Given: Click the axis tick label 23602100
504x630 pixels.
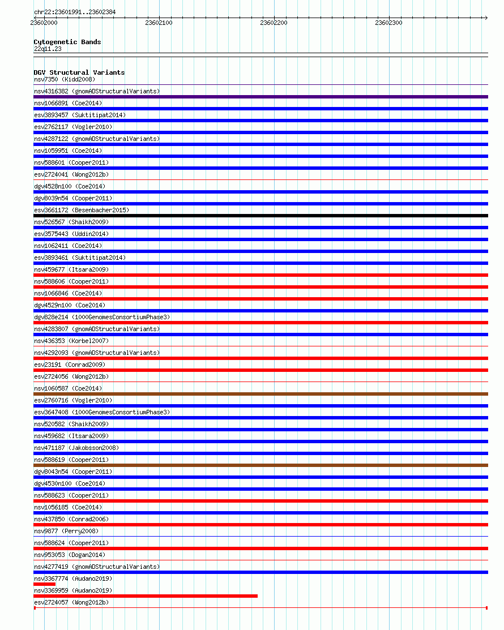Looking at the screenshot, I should (x=159, y=23).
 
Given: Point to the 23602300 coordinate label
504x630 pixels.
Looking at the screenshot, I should (x=388, y=23).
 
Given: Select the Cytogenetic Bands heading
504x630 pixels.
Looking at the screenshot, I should (x=67, y=42).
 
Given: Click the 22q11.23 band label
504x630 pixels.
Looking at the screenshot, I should (x=48, y=49).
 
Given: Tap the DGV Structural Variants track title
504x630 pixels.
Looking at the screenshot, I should (x=79, y=72).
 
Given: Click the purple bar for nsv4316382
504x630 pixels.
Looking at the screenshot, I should (x=260, y=97).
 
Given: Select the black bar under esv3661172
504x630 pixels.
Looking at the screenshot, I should (x=260, y=216).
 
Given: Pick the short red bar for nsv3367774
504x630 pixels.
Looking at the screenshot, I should (x=44, y=584).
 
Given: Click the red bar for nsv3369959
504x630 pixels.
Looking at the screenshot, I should (x=146, y=596).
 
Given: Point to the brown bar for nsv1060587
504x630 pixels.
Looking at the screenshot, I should (x=260, y=394).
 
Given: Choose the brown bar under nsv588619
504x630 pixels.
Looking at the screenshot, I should (x=260, y=465).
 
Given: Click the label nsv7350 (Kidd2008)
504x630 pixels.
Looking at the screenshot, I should (x=65, y=79).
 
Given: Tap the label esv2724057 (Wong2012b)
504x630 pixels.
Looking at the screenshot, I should (x=71, y=602).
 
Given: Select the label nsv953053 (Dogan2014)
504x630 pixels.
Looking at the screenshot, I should (x=70, y=555).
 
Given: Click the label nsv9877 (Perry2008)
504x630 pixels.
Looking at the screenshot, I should (x=66, y=531).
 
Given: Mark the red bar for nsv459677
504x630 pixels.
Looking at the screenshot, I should (x=260, y=275).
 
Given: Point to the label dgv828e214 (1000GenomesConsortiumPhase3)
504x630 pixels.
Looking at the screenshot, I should (x=102, y=317).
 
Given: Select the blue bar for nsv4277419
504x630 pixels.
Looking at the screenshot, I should (x=260, y=572).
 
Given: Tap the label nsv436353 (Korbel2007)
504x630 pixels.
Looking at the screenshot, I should (x=71, y=341).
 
